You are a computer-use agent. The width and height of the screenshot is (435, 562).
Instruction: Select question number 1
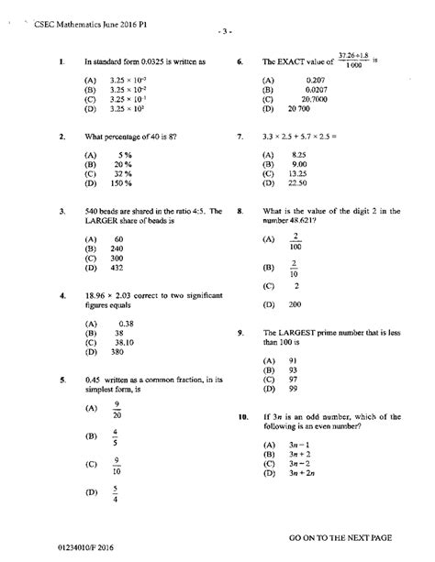[x=60, y=62]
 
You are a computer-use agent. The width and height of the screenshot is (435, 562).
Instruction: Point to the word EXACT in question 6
[x=295, y=62]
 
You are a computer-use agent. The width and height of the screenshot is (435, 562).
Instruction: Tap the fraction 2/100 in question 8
[x=296, y=241]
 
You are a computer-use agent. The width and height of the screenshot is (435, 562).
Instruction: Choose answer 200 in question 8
[x=296, y=304]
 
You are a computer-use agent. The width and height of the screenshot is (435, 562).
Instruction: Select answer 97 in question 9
[x=293, y=379]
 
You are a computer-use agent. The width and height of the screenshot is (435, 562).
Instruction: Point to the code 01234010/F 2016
[x=81, y=547]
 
